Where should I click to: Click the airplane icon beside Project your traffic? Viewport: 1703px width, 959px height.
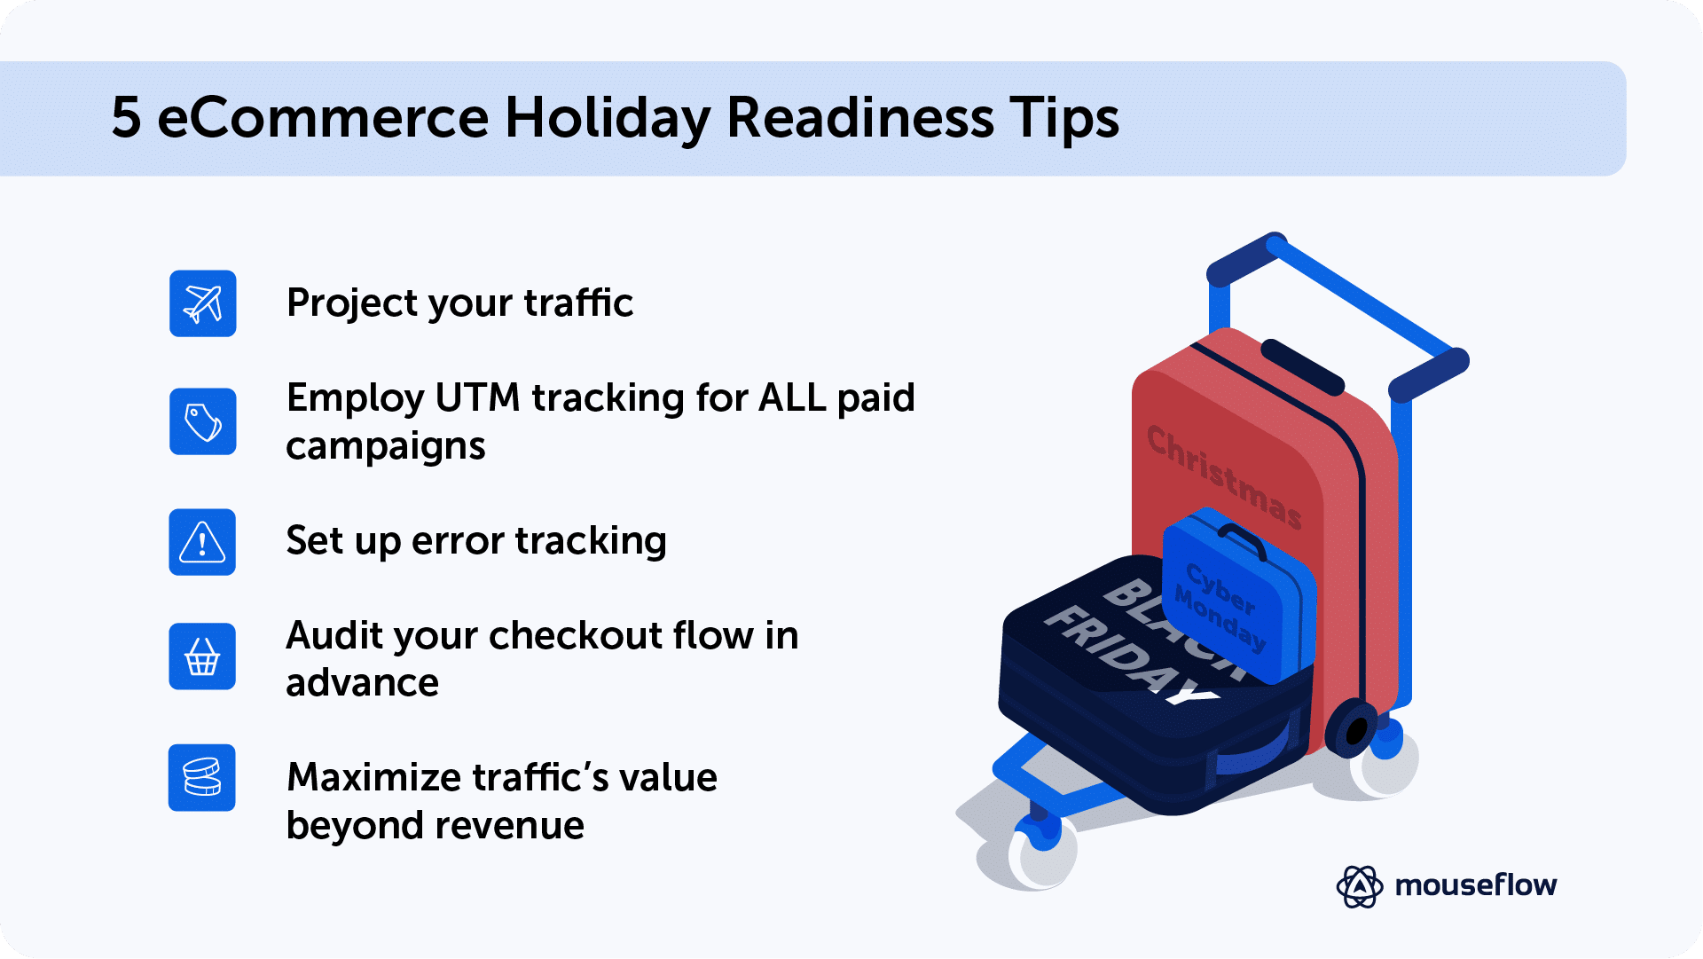pos(202,303)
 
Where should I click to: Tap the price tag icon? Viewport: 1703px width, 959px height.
pos(202,421)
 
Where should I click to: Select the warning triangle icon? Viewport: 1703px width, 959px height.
pos(202,542)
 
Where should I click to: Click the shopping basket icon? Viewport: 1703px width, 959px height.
pos(202,656)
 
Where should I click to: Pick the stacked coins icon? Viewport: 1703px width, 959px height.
pos(202,777)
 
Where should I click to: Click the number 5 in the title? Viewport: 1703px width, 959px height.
pos(126,118)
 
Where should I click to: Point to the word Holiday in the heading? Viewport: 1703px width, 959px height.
pos(607,118)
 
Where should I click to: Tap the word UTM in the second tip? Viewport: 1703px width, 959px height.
pos(477,397)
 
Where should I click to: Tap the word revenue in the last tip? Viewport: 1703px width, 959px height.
pos(534,826)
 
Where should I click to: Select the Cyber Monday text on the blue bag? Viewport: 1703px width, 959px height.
pos(1220,607)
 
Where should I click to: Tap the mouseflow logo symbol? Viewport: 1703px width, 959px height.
pos(1359,885)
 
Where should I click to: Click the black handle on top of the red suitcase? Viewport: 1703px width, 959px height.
pos(1301,366)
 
